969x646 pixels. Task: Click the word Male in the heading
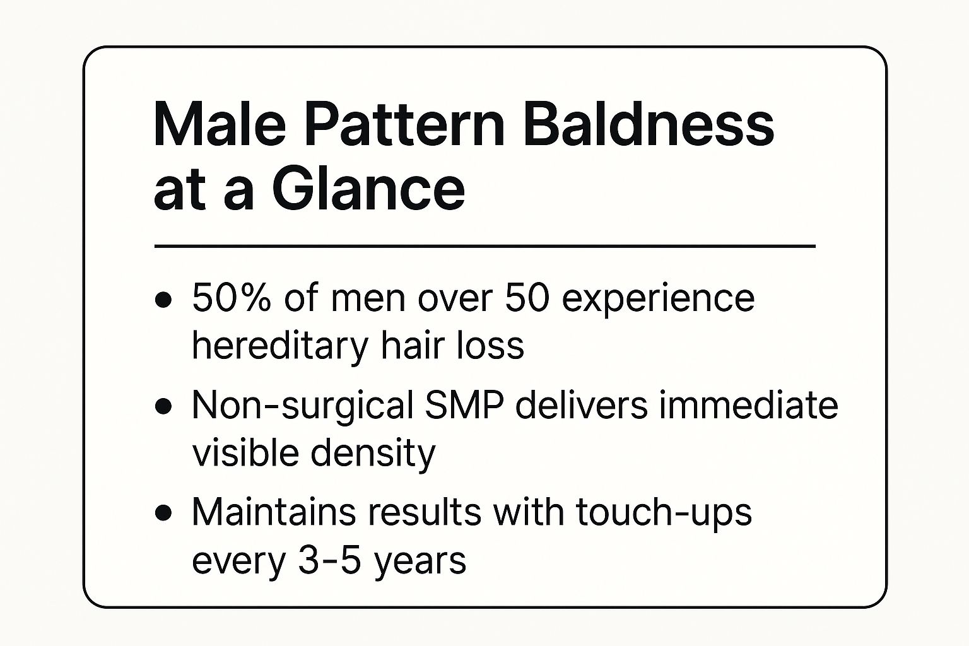pyautogui.click(x=220, y=124)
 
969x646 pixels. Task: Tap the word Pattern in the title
pyautogui.click(x=404, y=124)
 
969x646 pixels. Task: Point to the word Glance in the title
pyautogui.click(x=368, y=189)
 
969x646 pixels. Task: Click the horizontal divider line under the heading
pyautogui.click(x=485, y=246)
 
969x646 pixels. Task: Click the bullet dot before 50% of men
pyautogui.click(x=163, y=300)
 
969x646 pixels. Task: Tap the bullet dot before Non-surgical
pyautogui.click(x=163, y=407)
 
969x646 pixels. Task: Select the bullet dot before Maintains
pyautogui.click(x=163, y=514)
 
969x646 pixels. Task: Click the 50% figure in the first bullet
pyautogui.click(x=232, y=298)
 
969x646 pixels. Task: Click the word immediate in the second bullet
pyautogui.click(x=748, y=406)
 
